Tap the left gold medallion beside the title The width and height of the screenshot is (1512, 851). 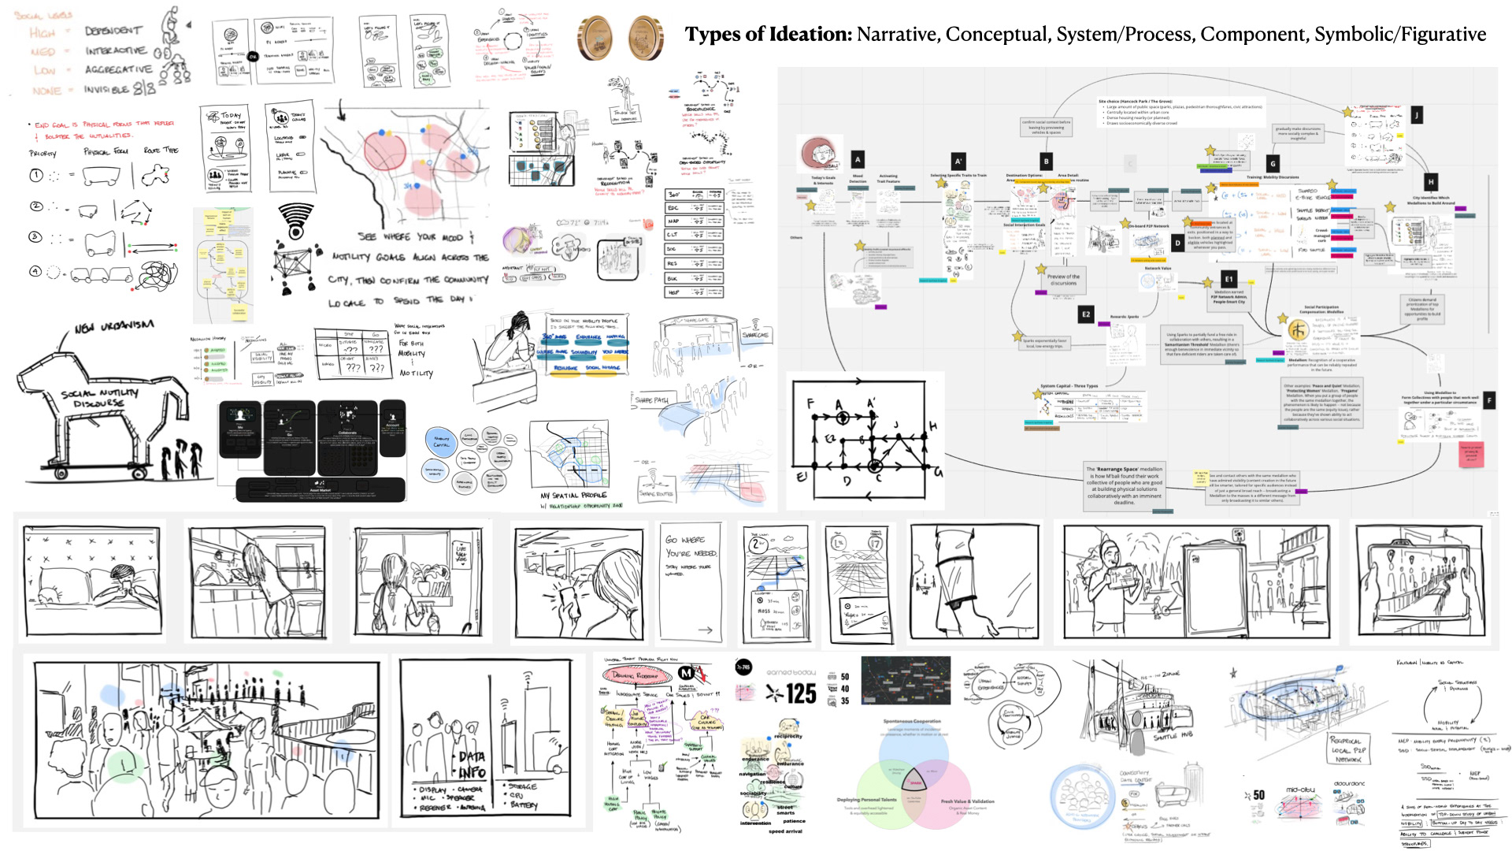(595, 38)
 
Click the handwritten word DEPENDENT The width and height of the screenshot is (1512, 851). (113, 31)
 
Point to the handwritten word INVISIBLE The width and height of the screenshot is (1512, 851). (107, 90)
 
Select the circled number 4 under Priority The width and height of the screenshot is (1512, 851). (35, 271)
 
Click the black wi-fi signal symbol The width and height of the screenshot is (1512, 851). (296, 221)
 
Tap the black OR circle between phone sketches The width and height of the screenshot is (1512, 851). (253, 57)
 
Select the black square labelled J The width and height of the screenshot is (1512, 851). (1416, 115)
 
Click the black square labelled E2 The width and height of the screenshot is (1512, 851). (1086, 314)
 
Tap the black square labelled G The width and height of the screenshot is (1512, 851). (1273, 164)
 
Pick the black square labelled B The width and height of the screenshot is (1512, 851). (1046, 161)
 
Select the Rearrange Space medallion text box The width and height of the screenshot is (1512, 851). (1124, 485)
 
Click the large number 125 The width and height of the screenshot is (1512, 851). (800, 693)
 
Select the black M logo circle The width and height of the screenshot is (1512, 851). (686, 673)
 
